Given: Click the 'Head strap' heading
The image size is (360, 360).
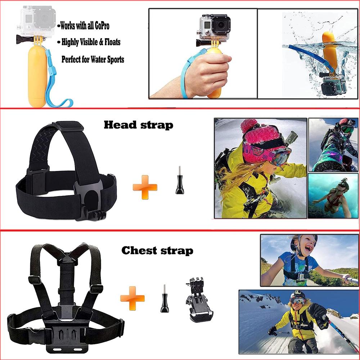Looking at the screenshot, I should (138, 125).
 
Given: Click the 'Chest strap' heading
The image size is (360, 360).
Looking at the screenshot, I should (157, 251).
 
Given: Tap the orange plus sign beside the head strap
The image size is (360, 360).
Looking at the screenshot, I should (145, 187).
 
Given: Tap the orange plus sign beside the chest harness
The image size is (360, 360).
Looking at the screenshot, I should (132, 298).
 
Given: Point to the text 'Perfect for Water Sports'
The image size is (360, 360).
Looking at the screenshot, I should (93, 59).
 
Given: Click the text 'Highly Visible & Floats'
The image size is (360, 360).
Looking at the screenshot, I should (91, 42).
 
